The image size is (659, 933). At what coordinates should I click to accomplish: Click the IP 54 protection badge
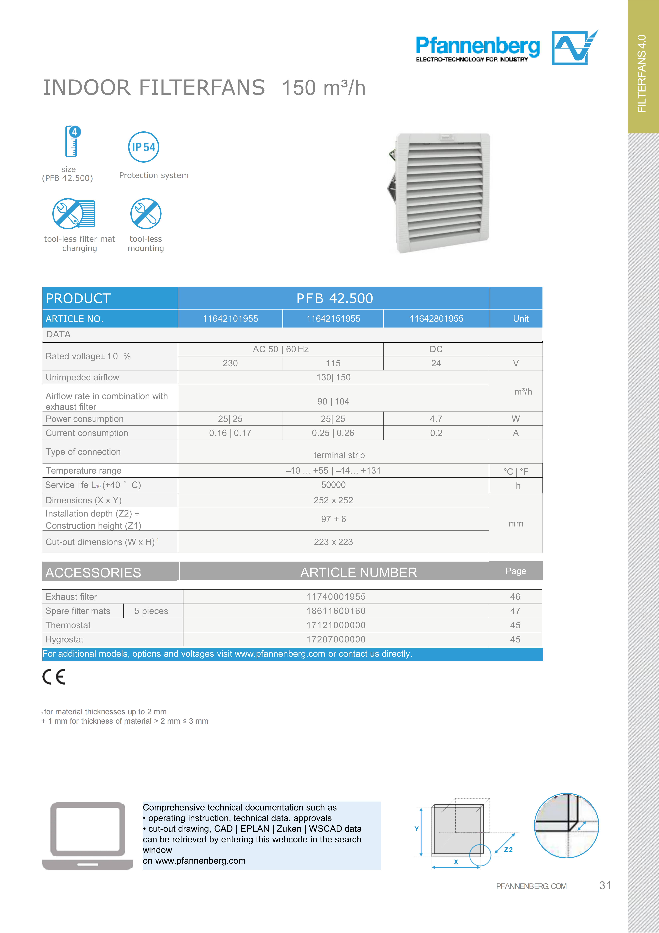(143, 147)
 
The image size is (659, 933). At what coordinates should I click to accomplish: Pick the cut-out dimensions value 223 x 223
(333, 542)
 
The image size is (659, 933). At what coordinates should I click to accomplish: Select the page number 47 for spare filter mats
(515, 611)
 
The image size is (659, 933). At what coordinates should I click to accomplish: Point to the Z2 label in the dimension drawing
(508, 850)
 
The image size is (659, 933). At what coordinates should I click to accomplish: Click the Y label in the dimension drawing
(416, 829)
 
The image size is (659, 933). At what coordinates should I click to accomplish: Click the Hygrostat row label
(65, 640)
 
